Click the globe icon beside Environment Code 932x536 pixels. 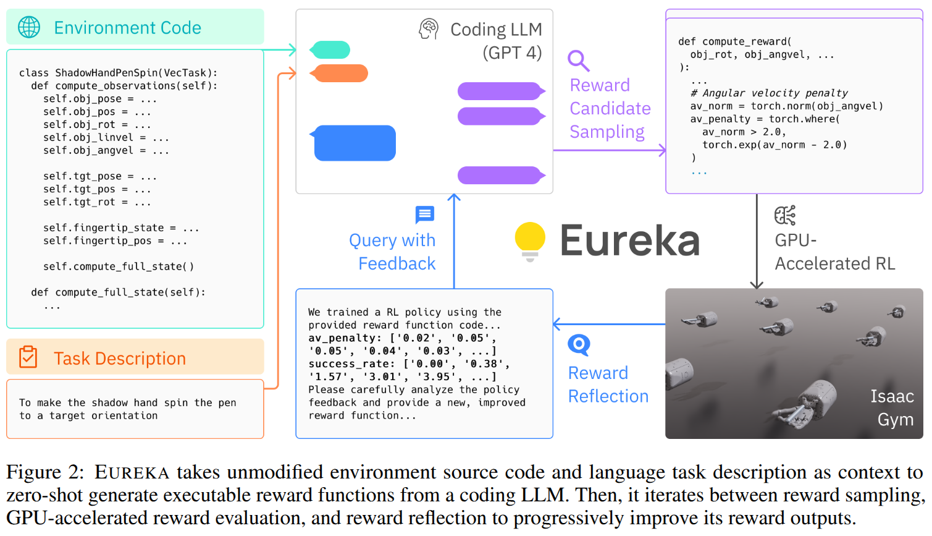pos(29,27)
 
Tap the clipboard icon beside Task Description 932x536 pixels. pos(28,357)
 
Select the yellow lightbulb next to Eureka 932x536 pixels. pos(530,242)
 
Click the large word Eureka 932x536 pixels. pos(630,241)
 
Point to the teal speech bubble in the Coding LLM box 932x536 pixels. pos(330,49)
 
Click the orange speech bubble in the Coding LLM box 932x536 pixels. pos(338,74)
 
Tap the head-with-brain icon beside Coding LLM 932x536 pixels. pos(429,28)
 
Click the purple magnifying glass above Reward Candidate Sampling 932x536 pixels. pos(579,61)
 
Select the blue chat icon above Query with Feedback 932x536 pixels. pos(425,215)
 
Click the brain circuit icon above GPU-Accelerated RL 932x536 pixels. pos(785,215)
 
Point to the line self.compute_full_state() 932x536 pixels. pos(119,266)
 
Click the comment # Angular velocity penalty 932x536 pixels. pos(769,93)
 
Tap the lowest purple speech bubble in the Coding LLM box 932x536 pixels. pos(502,176)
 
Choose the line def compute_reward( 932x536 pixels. pos(735,41)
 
